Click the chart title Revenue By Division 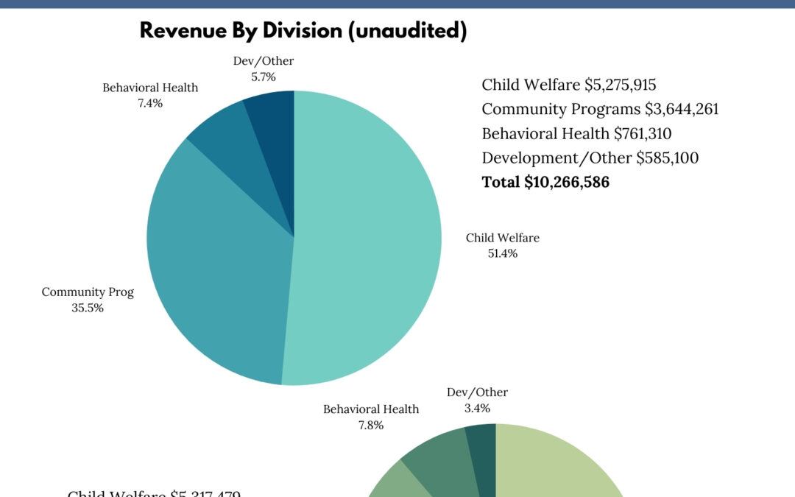(303, 30)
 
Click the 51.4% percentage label (503, 253)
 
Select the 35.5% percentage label (88, 308)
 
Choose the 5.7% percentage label (263, 76)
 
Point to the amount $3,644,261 (682, 109)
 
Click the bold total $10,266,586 (567, 182)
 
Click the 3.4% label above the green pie (477, 408)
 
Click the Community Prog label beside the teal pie (88, 292)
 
